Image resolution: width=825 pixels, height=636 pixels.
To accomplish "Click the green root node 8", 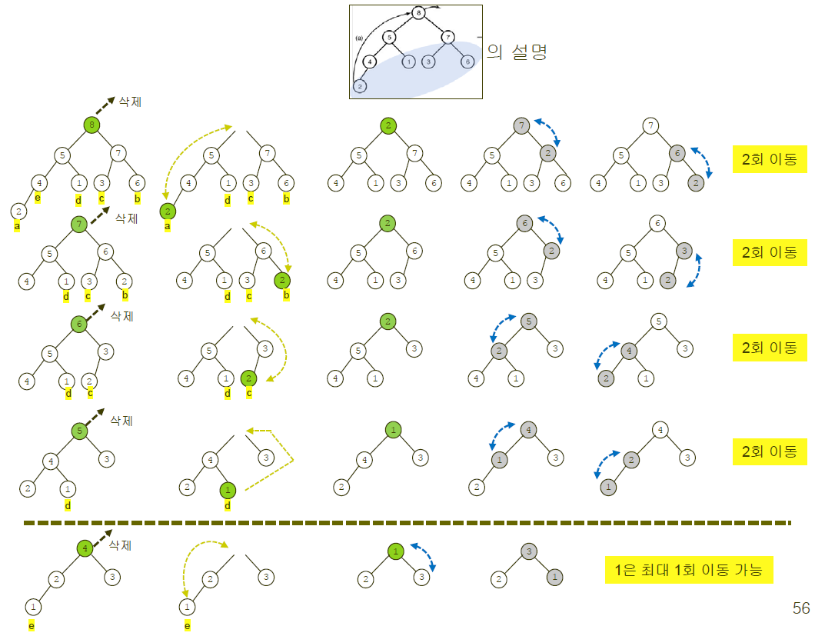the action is click(91, 124).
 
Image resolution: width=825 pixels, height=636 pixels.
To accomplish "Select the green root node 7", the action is click(78, 224).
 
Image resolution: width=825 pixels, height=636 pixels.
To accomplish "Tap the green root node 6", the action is click(78, 324).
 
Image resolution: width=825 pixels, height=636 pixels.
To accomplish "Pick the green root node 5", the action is click(78, 430).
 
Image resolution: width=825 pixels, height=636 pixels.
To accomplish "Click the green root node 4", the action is click(85, 548).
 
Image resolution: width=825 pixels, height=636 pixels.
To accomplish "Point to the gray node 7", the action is click(521, 125).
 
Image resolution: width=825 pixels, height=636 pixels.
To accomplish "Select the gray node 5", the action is click(527, 321).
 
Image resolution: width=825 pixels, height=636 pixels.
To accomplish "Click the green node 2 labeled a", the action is click(167, 210).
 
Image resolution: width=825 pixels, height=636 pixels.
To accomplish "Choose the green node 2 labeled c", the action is click(248, 378).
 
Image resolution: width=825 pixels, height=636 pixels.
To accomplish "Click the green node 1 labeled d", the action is click(227, 489).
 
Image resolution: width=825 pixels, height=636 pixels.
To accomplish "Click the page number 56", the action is click(800, 608).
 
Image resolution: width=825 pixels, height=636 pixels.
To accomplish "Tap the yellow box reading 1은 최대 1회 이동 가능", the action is click(688, 571).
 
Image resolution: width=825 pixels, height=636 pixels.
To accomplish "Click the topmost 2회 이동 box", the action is click(769, 161).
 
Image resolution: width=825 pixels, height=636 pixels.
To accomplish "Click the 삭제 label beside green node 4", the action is click(121, 545).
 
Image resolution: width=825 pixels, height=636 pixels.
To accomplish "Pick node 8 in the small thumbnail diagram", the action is click(417, 13).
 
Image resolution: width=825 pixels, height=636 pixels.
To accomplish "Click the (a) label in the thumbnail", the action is click(358, 37).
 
